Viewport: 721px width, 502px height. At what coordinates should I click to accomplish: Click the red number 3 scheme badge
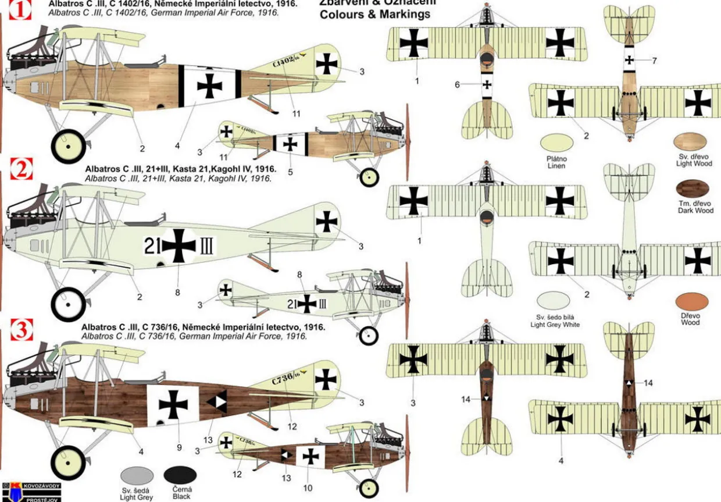pyautogui.click(x=22, y=330)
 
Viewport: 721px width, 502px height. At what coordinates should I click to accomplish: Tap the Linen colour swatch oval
pyautogui.click(x=556, y=143)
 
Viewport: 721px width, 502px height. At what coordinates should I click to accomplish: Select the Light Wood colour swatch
pyautogui.click(x=690, y=142)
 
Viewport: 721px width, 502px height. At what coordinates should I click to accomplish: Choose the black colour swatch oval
pyautogui.click(x=182, y=475)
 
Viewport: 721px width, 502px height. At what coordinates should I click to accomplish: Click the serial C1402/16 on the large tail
pyautogui.click(x=285, y=62)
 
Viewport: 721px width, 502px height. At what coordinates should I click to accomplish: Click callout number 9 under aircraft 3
pyautogui.click(x=179, y=447)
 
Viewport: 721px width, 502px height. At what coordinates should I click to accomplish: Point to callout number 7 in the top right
pyautogui.click(x=654, y=60)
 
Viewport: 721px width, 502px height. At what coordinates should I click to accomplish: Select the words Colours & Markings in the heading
pyautogui.click(x=375, y=14)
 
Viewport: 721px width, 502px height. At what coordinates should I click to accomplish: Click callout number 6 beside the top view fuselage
pyautogui.click(x=457, y=84)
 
